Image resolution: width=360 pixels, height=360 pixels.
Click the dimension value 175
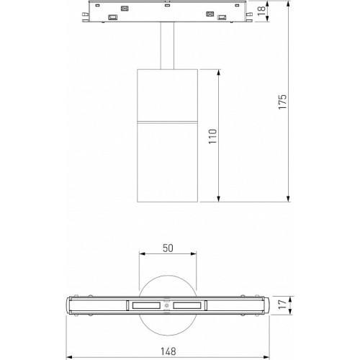point(282,102)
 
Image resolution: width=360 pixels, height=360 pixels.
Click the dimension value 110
point(212,136)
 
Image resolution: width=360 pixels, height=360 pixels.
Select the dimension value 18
point(261,11)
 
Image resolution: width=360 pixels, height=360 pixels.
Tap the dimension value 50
point(168,248)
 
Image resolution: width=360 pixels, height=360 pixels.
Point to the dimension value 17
point(283,305)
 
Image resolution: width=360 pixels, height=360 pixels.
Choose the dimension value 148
point(168,351)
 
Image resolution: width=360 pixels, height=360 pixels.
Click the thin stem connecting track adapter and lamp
point(167,46)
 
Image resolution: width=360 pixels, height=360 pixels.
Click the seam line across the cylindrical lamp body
point(168,122)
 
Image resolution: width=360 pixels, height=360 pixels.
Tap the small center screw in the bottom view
point(167,305)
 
